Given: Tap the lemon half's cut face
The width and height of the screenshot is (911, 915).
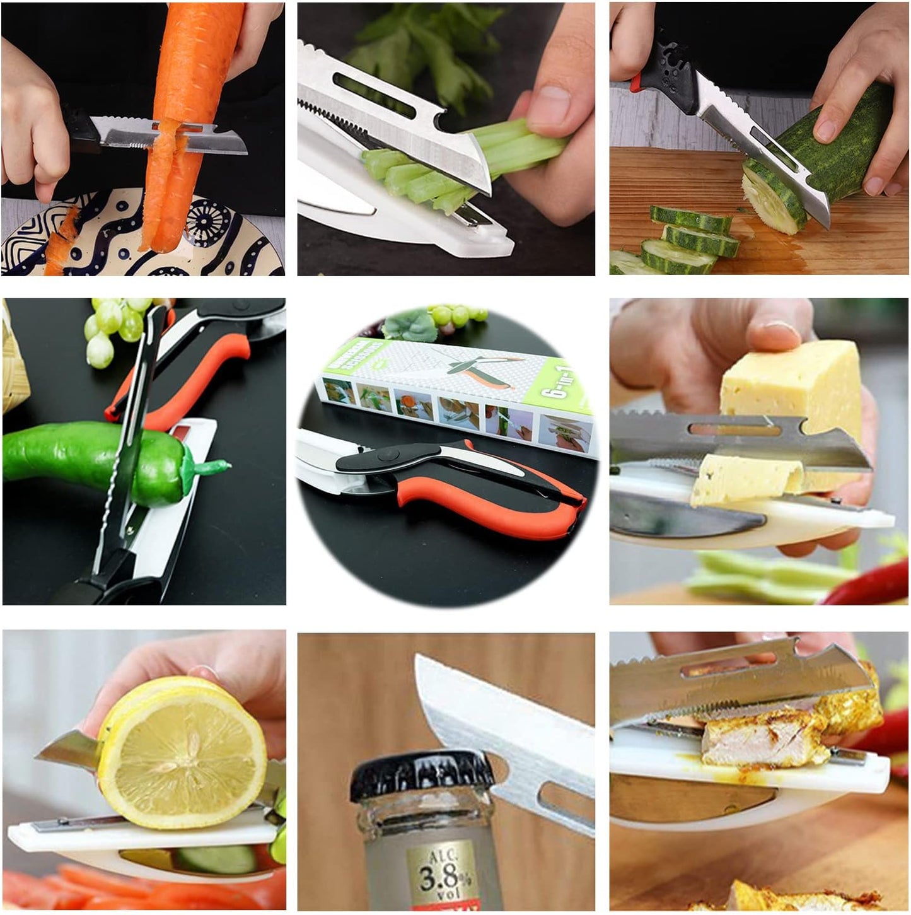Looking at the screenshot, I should (x=183, y=750).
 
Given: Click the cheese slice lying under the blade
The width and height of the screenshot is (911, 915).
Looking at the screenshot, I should (x=744, y=479).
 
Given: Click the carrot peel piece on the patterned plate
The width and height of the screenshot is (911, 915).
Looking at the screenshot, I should (x=60, y=243).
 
